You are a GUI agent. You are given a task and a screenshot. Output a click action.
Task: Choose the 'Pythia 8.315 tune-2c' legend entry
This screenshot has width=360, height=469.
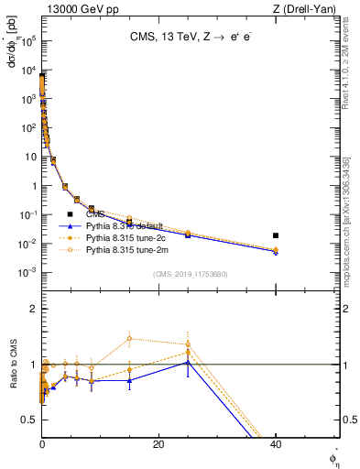coord(125,237)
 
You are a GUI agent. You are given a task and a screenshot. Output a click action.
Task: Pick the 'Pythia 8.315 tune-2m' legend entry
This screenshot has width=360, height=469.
coord(125,249)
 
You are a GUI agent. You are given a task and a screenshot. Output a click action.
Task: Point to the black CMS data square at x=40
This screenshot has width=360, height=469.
coord(276,235)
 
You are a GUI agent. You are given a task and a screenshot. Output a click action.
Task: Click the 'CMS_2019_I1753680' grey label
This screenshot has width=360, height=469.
coord(190,275)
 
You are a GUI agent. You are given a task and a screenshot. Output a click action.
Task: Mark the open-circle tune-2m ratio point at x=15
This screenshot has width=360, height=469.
coord(130,339)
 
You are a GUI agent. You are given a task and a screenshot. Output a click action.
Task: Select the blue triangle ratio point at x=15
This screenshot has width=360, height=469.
coord(130,380)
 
